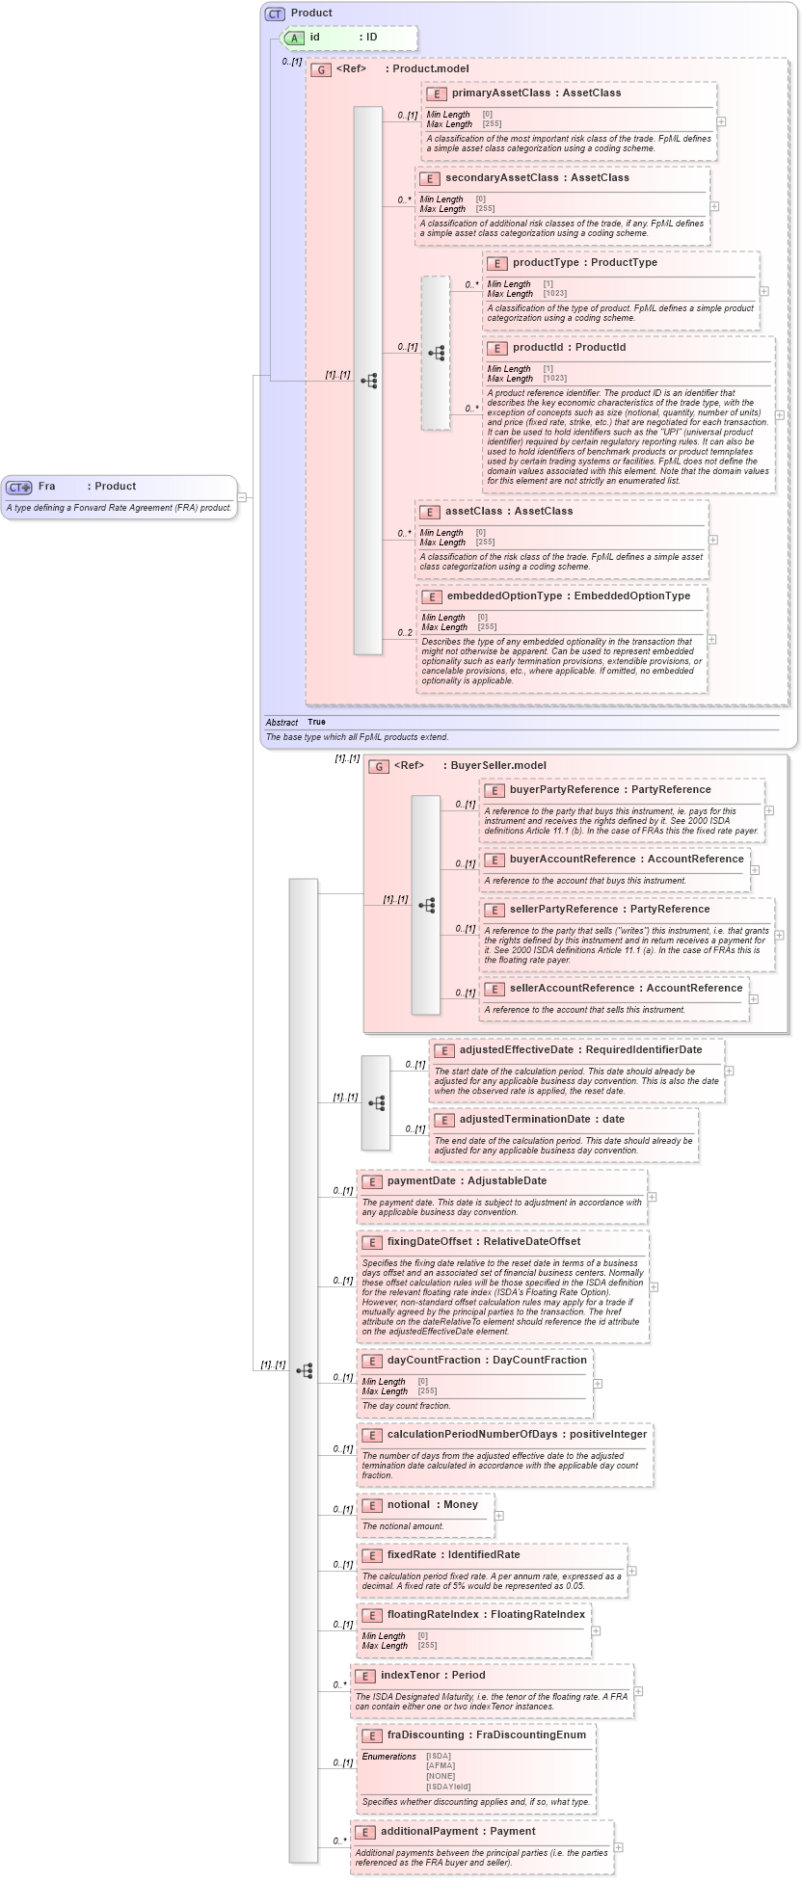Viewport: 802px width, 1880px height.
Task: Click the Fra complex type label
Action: [46, 487]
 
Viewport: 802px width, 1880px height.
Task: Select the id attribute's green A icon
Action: [295, 38]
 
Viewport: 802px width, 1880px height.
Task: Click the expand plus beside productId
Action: [779, 415]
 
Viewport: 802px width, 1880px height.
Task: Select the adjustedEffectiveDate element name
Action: [516, 1050]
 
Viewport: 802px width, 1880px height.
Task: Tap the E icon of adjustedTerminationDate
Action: [443, 1120]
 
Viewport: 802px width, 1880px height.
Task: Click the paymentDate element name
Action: [421, 1181]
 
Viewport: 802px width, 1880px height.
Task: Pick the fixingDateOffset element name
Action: [429, 1242]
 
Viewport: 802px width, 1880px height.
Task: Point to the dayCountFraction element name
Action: [434, 1361]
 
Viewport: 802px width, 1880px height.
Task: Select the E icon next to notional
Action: [371, 1505]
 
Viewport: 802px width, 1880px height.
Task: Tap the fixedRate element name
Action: [412, 1555]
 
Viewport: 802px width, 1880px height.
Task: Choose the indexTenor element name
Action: [410, 1676]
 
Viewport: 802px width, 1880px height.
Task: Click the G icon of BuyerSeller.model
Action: [379, 766]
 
